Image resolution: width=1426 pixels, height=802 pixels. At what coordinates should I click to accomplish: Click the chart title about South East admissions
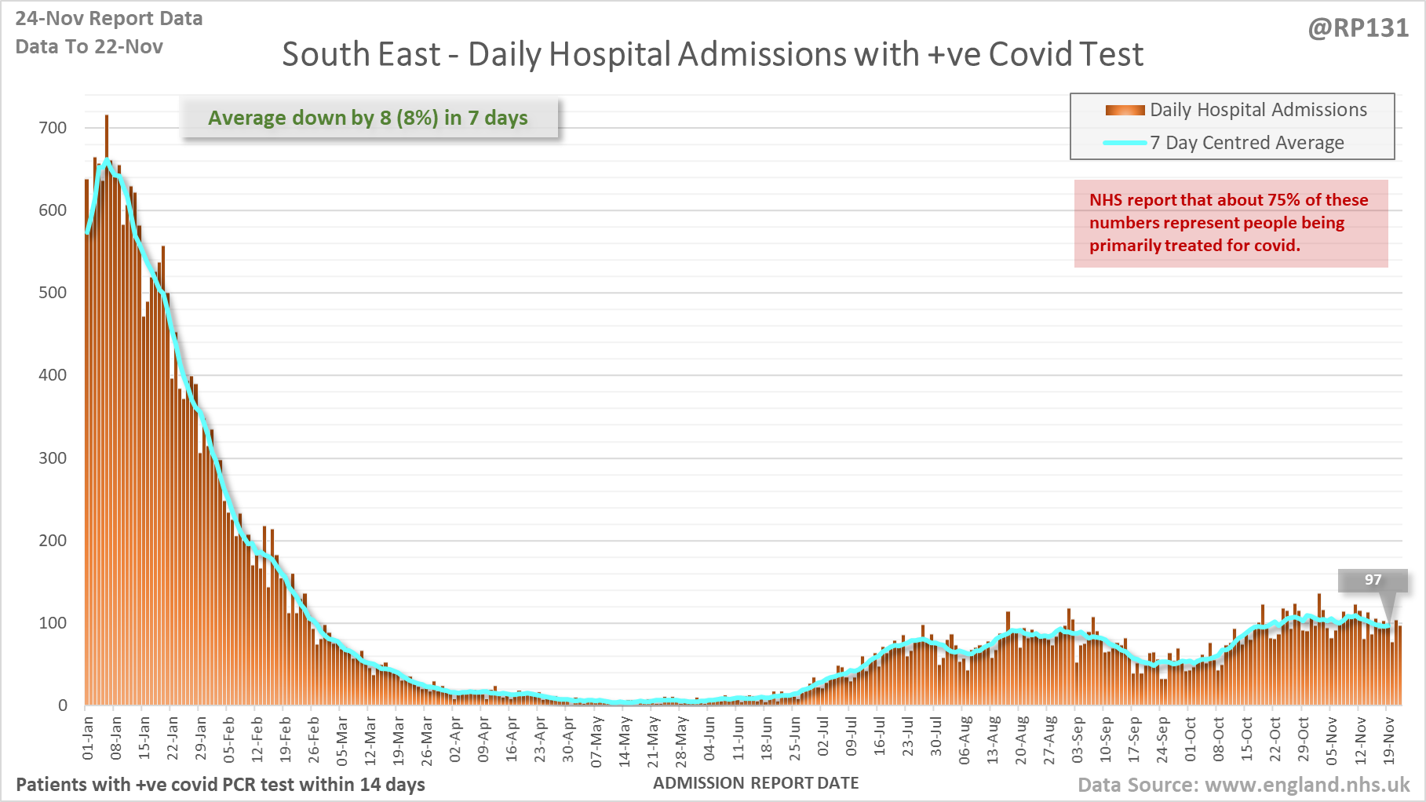click(x=712, y=55)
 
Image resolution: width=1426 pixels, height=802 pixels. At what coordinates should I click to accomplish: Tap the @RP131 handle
click(x=1358, y=28)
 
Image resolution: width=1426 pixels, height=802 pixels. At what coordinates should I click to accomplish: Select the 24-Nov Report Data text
click(x=109, y=19)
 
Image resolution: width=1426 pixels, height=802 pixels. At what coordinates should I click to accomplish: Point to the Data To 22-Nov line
click(x=89, y=47)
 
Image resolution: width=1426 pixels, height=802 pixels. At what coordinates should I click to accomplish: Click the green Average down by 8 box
click(x=369, y=118)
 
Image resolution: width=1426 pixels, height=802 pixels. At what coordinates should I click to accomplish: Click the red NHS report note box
click(x=1230, y=223)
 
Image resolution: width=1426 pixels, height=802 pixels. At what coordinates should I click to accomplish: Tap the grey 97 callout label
click(x=1373, y=580)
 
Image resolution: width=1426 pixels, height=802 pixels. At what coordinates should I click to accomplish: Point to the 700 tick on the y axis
click(x=53, y=128)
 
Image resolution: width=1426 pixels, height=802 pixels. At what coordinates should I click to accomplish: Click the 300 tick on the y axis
click(x=53, y=458)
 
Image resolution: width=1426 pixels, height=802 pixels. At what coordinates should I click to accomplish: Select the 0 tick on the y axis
click(x=63, y=705)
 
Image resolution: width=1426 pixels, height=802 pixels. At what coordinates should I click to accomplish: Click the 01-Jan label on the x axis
click(x=88, y=738)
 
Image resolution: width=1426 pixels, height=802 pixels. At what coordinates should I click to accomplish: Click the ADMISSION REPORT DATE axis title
click(x=756, y=783)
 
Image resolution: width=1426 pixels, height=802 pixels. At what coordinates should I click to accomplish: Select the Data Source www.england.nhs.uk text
click(x=1243, y=785)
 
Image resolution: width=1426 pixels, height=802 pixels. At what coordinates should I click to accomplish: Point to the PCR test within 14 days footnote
click(x=221, y=785)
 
